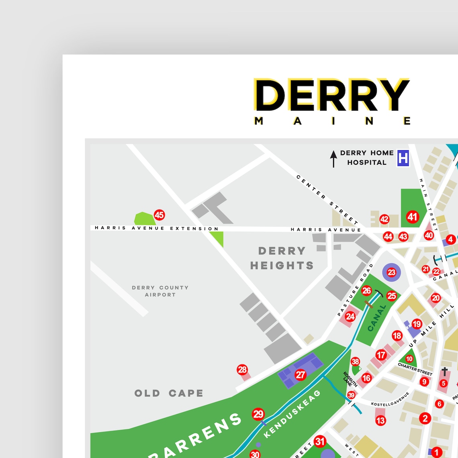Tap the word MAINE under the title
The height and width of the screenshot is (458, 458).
click(333, 121)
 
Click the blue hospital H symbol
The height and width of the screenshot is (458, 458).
click(403, 158)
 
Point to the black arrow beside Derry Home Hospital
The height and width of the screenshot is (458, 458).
click(333, 159)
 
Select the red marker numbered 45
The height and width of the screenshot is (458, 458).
click(159, 215)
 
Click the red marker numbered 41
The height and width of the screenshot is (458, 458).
click(413, 217)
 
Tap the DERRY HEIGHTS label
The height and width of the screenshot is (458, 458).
click(282, 258)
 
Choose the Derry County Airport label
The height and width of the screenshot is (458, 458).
click(160, 291)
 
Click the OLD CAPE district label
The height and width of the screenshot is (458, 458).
click(169, 393)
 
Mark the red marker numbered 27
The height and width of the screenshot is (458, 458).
click(301, 375)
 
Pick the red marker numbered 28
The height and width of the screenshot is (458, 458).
click(242, 370)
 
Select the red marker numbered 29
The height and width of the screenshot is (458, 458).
click(258, 414)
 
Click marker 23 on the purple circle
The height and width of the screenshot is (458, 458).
click(391, 272)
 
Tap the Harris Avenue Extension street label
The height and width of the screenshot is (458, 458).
click(157, 228)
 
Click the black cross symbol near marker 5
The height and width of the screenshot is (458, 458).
click(445, 371)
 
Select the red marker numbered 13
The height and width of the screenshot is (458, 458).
click(380, 421)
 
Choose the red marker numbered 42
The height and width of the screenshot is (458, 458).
click(384, 219)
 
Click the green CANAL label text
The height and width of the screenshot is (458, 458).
click(376, 318)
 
